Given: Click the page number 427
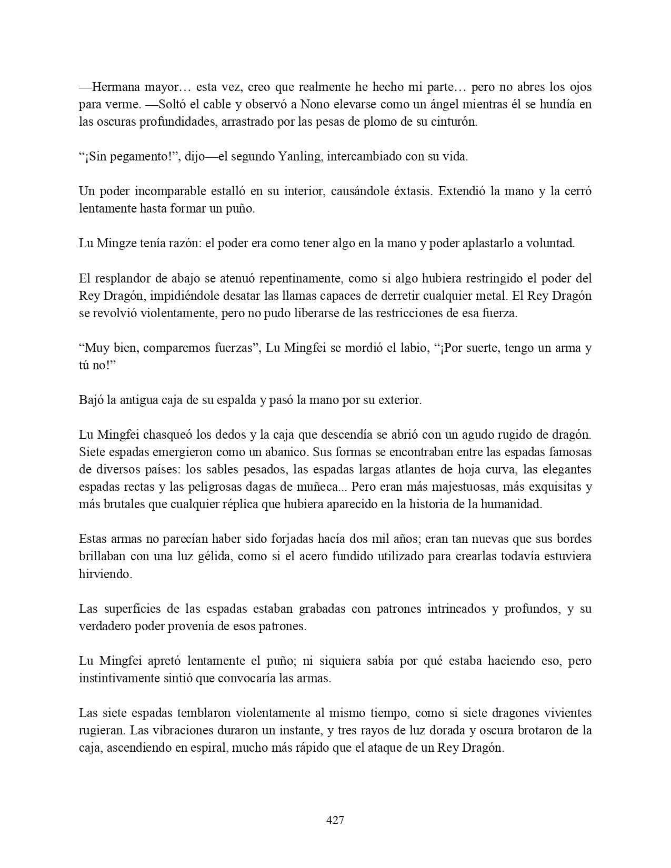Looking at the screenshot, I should click(335, 820).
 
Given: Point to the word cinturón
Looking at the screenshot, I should click(453, 122).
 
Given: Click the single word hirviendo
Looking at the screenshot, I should click(105, 573).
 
